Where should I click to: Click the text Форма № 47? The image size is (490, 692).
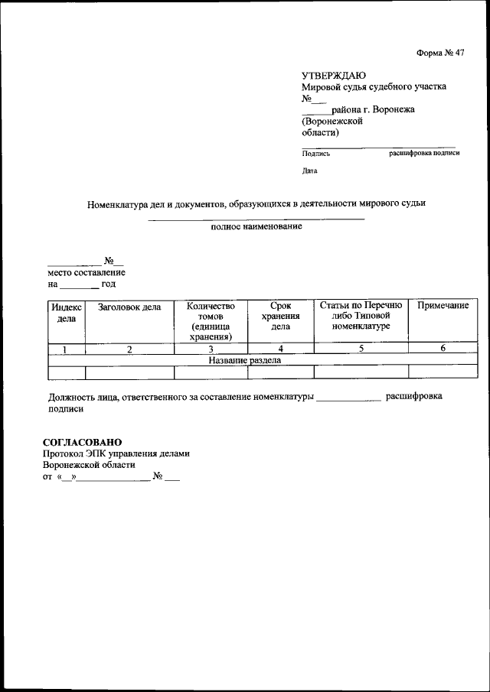[440, 53]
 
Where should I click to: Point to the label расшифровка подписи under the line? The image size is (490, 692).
[424, 153]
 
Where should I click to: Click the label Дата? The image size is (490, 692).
[309, 171]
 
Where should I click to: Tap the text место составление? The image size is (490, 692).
[87, 272]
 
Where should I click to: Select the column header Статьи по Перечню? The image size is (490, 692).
[361, 307]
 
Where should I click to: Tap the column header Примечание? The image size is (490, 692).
[442, 306]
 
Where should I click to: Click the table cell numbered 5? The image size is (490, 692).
[361, 349]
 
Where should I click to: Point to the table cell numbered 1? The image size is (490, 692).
[66, 349]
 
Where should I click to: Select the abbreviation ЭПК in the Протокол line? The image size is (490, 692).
[99, 453]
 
